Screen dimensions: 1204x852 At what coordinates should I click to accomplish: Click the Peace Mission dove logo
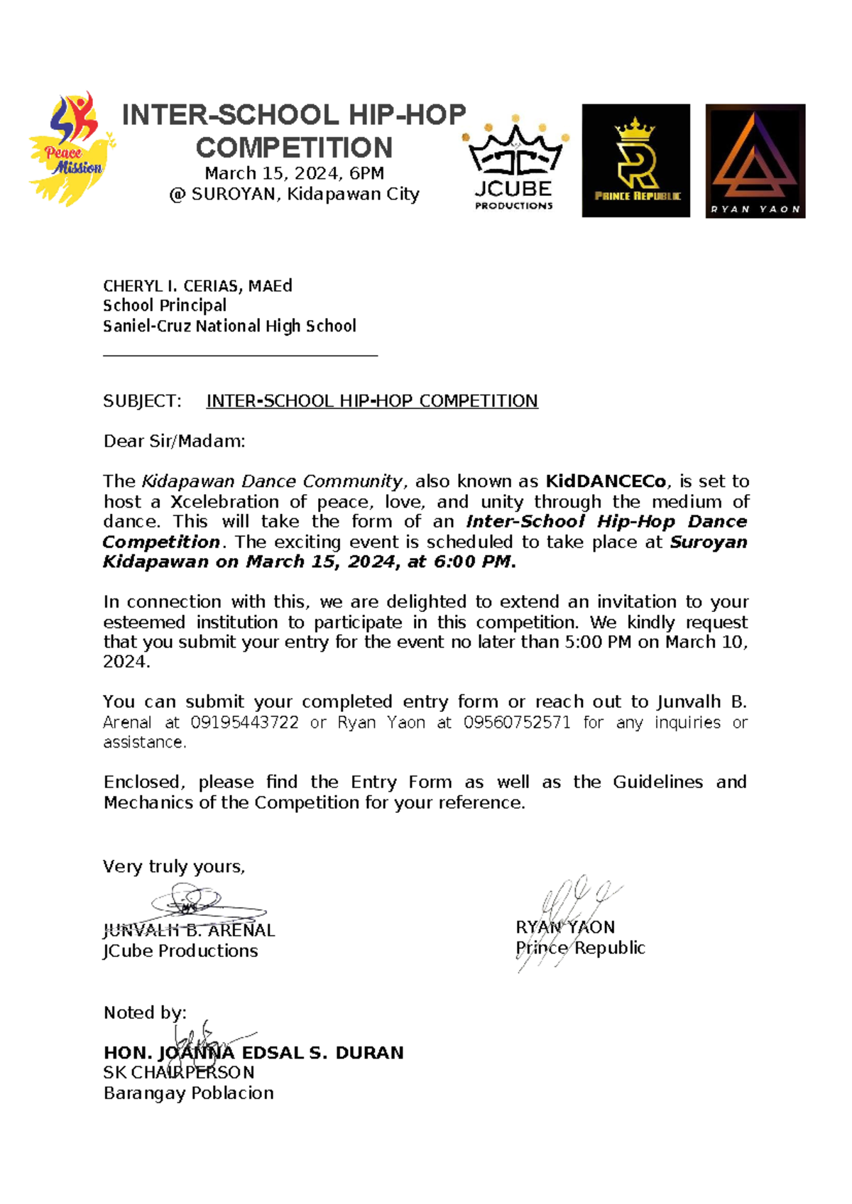(71, 150)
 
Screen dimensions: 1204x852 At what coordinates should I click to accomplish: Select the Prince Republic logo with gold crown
(635, 160)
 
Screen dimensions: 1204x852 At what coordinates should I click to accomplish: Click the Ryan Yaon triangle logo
(755, 160)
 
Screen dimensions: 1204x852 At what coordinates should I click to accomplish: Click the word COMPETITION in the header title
(294, 148)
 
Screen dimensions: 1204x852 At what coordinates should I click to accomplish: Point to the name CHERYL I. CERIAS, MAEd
(197, 286)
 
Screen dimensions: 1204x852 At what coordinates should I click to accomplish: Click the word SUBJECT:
(142, 401)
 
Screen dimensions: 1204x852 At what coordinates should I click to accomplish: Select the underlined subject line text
(371, 401)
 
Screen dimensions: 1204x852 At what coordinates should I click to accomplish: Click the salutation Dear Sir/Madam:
(174, 441)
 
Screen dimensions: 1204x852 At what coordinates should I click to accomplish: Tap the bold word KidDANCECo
(606, 481)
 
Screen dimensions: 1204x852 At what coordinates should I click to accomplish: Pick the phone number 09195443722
(244, 723)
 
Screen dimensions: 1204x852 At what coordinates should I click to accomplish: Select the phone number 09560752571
(517, 723)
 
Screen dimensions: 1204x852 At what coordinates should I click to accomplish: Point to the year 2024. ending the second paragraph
(126, 662)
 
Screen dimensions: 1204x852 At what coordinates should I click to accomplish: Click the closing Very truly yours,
(174, 866)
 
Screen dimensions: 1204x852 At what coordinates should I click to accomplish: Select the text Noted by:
(145, 1012)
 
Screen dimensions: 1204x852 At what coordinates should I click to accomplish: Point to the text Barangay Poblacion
(188, 1093)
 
